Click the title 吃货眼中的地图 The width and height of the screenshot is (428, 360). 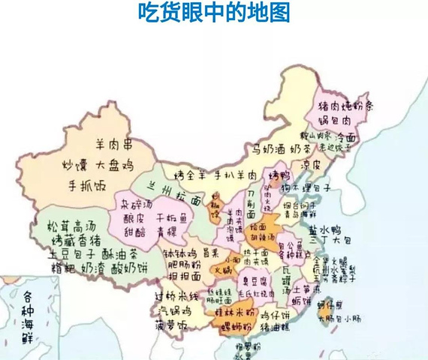pyautogui.click(x=214, y=13)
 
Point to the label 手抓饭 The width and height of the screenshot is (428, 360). pyautogui.click(x=90, y=185)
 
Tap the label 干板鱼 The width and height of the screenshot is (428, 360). pyautogui.click(x=171, y=218)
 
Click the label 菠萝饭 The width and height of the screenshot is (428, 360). pyautogui.click(x=172, y=327)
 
